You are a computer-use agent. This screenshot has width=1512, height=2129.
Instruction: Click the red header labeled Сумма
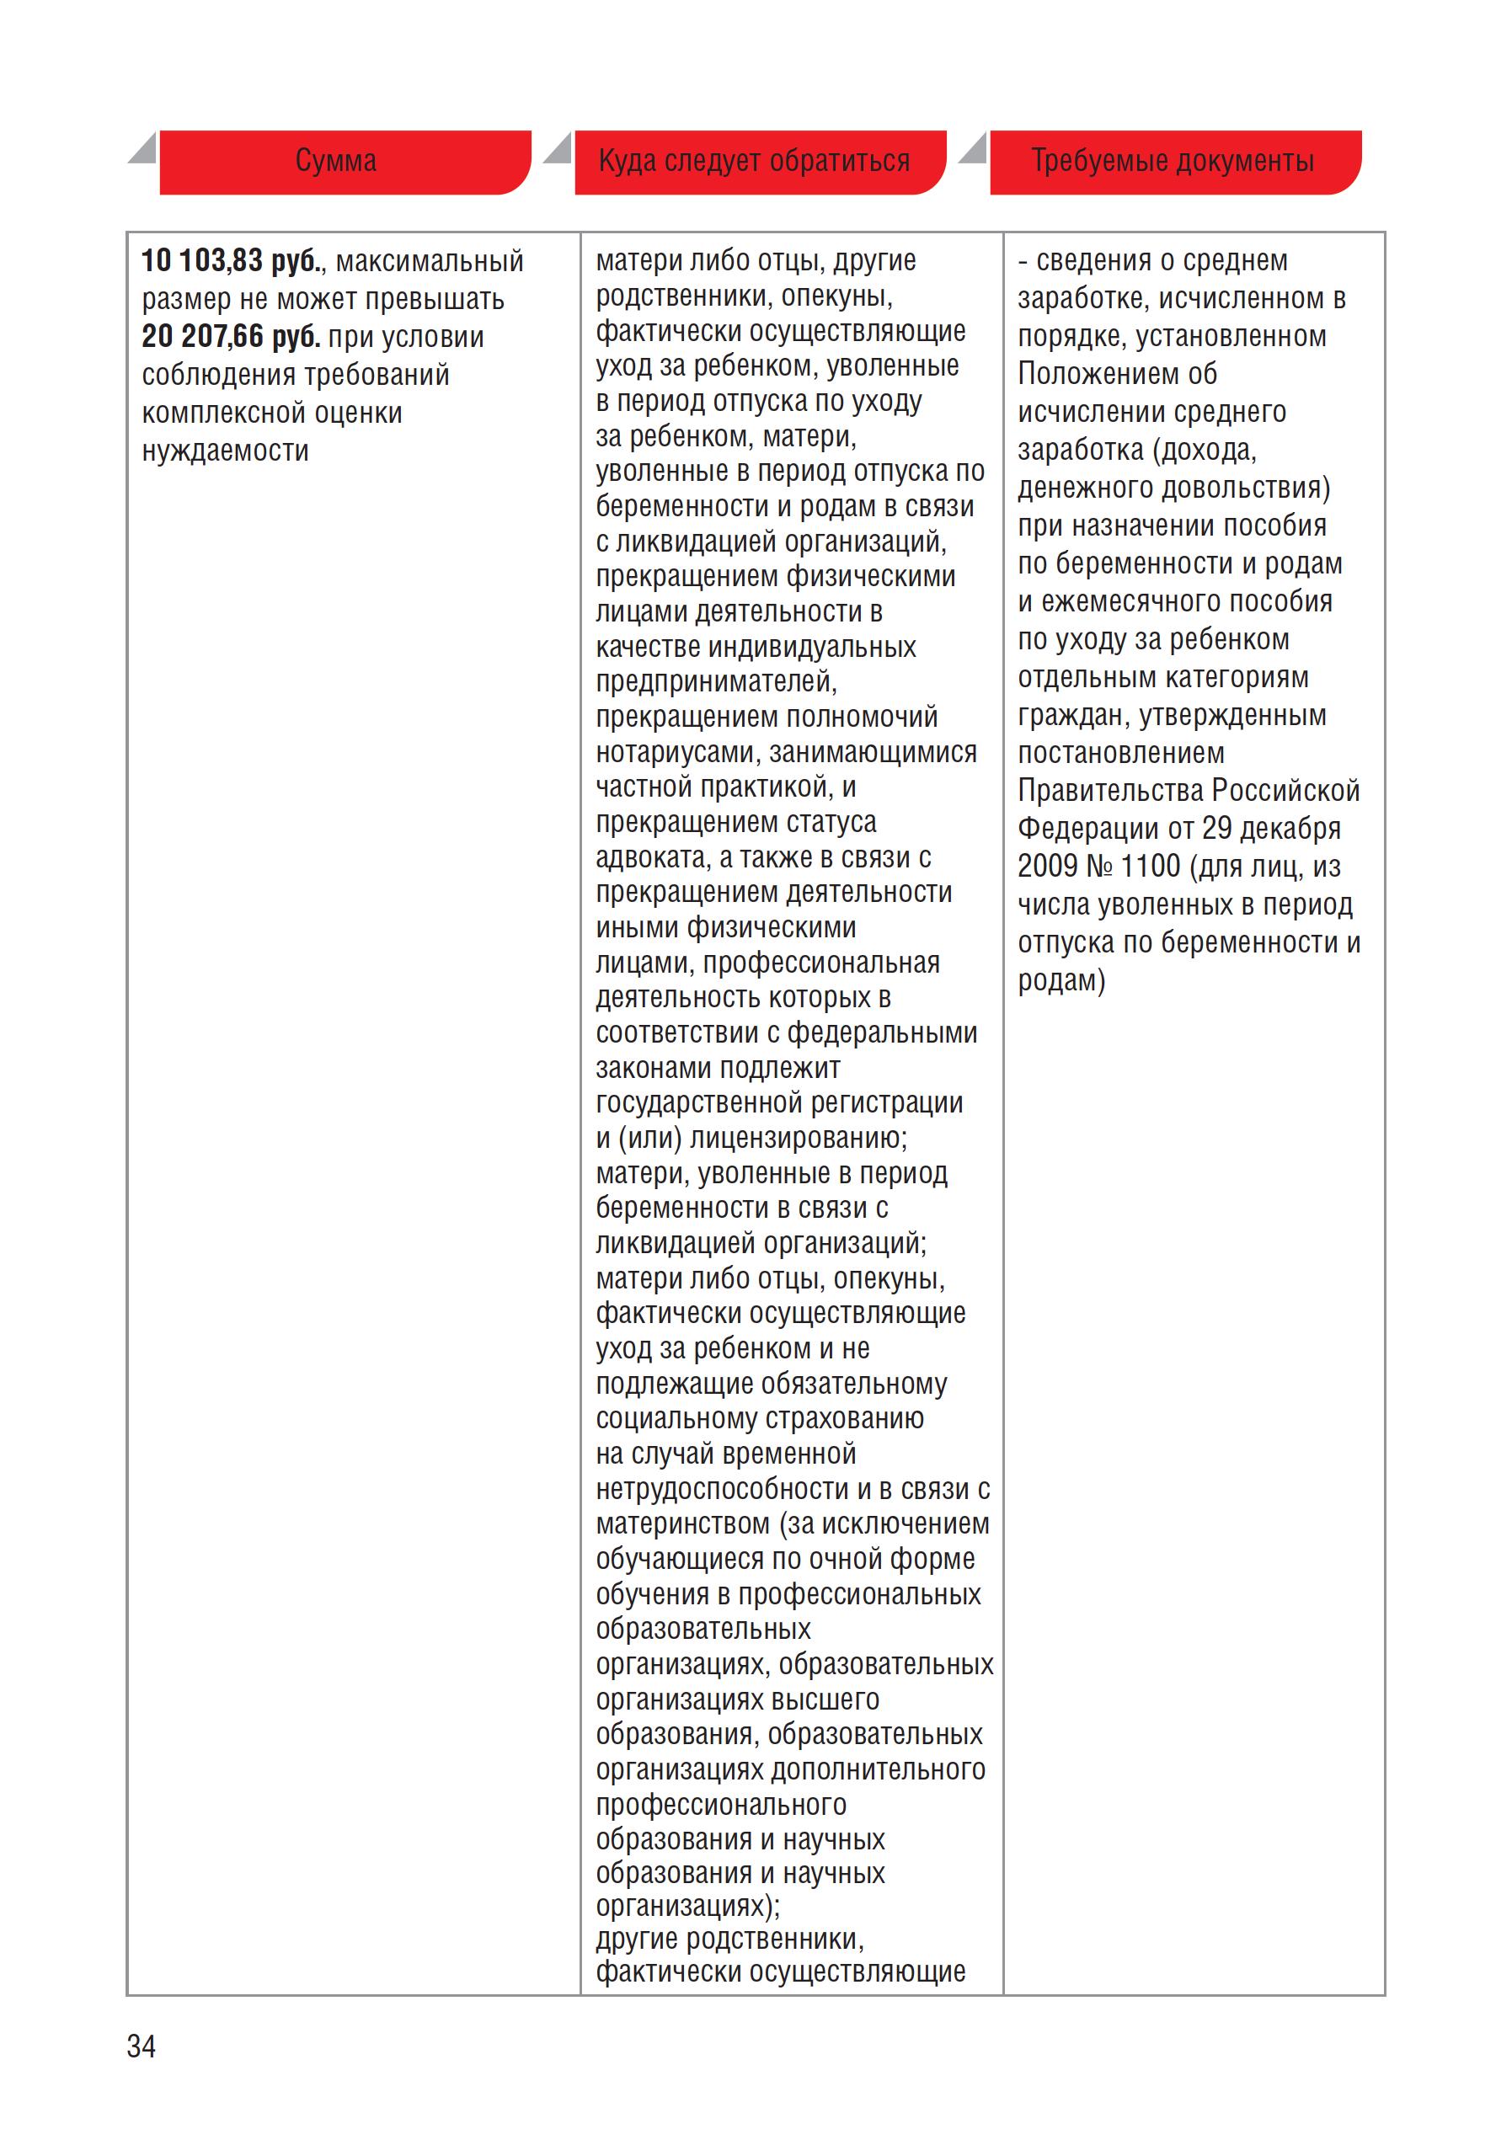[x=336, y=161]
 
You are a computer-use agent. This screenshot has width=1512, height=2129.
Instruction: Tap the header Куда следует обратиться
[x=753, y=161]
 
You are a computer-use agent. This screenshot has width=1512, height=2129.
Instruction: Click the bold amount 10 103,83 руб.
[x=231, y=261]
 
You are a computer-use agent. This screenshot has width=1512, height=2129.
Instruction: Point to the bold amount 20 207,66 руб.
[x=231, y=336]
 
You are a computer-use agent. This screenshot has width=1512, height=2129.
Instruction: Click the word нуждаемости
[x=224, y=451]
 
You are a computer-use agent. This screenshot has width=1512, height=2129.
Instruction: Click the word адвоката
[x=652, y=857]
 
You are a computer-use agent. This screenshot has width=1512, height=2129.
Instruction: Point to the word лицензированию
[x=797, y=1138]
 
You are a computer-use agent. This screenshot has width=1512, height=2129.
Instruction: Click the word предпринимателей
[x=715, y=681]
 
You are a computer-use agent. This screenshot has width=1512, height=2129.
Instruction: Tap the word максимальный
[x=430, y=261]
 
